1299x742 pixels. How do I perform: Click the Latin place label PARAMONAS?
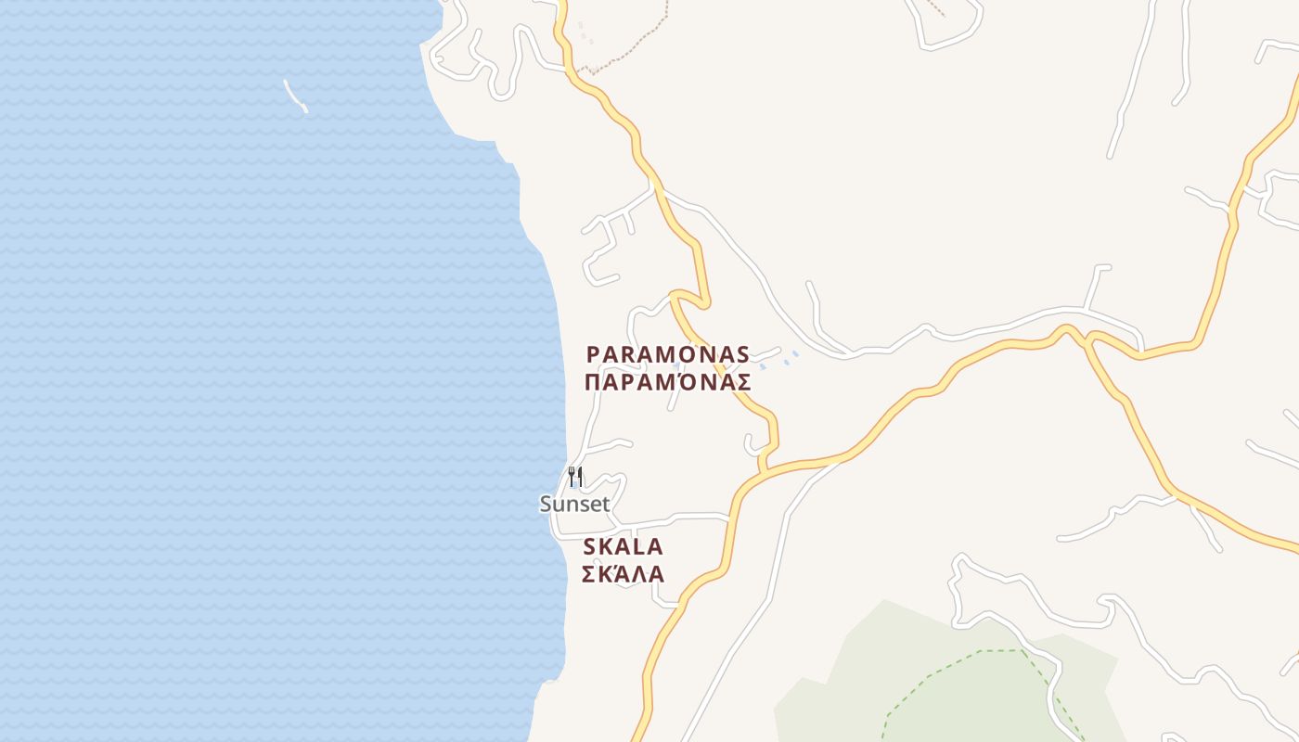(667, 354)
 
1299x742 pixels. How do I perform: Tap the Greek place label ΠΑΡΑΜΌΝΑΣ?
(667, 382)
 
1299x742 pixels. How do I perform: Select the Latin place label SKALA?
(623, 546)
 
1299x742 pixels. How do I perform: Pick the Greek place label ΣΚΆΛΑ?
(623, 574)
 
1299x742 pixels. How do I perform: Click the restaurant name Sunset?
(575, 504)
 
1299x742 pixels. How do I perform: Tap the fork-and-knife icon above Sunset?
(575, 478)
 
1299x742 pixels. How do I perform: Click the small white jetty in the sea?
(296, 96)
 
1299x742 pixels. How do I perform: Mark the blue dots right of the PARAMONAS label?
(785, 360)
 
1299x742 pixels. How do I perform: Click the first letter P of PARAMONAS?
(593, 354)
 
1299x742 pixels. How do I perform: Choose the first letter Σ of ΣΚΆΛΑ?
(589, 574)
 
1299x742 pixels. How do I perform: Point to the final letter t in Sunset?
(606, 504)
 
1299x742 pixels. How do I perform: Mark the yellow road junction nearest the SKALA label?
(763, 471)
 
